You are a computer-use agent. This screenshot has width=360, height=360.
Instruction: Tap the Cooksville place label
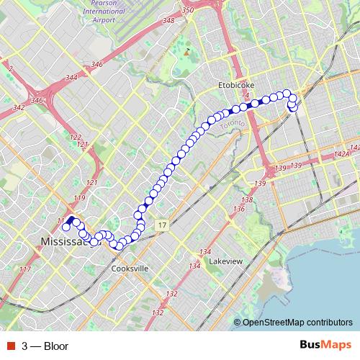pyautogui.click(x=130, y=269)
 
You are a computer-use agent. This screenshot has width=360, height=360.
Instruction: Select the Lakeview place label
pyautogui.click(x=225, y=261)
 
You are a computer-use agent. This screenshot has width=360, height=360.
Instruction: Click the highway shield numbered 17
pyautogui.click(x=163, y=225)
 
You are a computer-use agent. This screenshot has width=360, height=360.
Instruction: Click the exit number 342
pyautogui.click(x=19, y=107)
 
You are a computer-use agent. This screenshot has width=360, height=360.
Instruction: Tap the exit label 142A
pyautogui.click(x=342, y=153)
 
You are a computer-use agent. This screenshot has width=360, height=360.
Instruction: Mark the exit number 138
pyautogui.click(x=247, y=199)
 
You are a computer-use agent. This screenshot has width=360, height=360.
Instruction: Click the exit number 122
pyautogui.click(x=76, y=137)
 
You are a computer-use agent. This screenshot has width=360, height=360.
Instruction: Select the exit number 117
pyautogui.click(x=26, y=269)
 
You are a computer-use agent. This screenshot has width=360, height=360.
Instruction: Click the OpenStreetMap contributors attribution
pyautogui.click(x=297, y=323)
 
